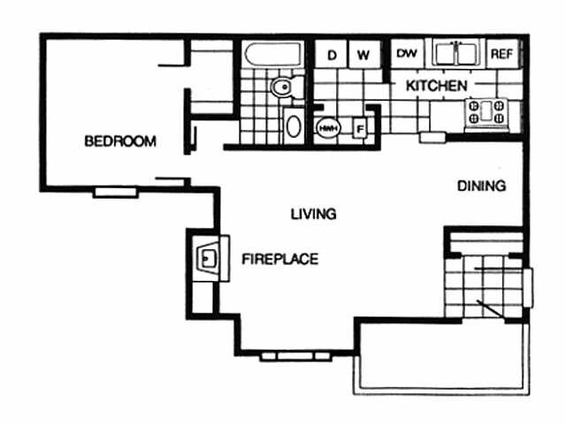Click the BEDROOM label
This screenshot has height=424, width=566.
coord(120,140)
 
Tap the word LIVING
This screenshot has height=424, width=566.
coord(314,214)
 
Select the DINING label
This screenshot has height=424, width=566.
coord(481,186)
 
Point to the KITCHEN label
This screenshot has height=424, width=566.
coord(436,87)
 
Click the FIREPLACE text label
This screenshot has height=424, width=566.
coord(280,259)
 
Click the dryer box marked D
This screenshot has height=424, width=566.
coord(333,55)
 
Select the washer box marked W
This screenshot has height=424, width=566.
coord(363,55)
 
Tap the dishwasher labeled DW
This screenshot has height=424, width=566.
coord(407,54)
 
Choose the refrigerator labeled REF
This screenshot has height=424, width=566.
coord(501,54)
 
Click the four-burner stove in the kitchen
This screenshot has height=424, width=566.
coord(490,112)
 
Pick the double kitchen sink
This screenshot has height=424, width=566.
coord(456,54)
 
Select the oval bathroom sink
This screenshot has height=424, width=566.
coord(293,125)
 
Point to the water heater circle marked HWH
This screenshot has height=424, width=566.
coord(326,127)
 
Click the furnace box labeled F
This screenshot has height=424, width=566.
coord(360,128)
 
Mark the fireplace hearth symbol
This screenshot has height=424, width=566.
coord(208,258)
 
